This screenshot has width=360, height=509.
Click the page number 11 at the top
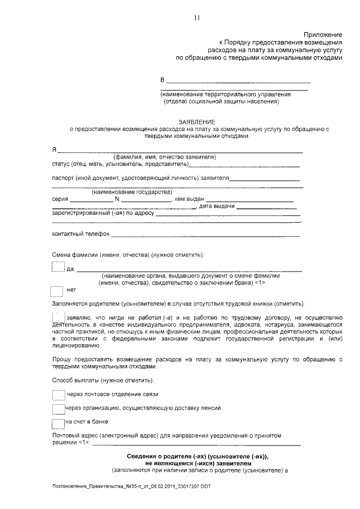click(x=197, y=17)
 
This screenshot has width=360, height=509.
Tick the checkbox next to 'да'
click(x=58, y=267)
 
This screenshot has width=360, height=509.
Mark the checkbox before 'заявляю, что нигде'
click(x=58, y=316)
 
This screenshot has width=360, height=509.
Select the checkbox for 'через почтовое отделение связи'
click(x=58, y=394)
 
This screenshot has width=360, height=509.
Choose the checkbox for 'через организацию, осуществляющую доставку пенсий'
click(x=58, y=408)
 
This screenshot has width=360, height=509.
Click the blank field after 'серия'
click(x=91, y=200)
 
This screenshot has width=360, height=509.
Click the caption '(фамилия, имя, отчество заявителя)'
click(x=164, y=157)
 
